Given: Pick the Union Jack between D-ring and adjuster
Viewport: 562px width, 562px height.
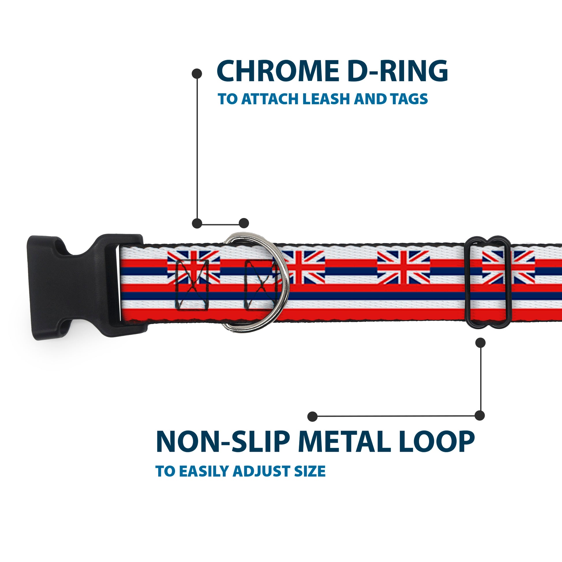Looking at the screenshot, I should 403,268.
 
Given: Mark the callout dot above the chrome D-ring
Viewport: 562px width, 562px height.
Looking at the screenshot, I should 244,223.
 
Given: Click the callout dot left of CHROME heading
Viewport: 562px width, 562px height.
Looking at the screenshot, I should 197,74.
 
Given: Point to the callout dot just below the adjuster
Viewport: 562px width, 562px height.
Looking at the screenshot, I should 480,343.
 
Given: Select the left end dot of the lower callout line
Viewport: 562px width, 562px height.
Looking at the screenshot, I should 312,416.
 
